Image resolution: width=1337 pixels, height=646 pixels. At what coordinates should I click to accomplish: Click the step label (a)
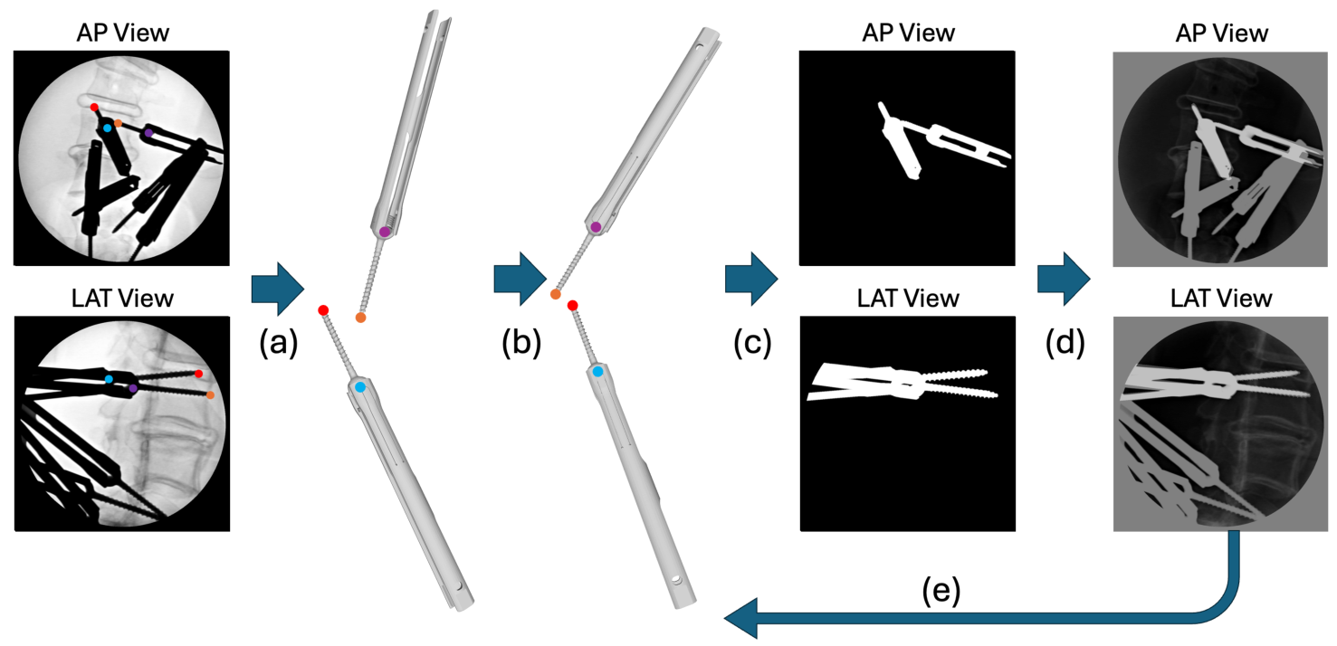click(x=276, y=346)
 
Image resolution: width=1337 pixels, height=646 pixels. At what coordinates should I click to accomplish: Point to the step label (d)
click(x=1062, y=346)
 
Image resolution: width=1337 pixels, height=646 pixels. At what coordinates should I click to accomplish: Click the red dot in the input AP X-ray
click(x=94, y=107)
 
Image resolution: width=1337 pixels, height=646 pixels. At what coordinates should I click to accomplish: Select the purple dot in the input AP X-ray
click(x=149, y=133)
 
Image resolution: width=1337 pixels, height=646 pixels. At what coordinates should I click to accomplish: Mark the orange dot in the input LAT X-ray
click(x=210, y=395)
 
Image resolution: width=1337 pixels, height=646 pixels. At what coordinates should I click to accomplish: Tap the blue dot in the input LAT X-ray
click(x=109, y=379)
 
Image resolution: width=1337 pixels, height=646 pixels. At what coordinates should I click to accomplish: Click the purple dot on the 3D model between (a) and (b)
click(x=385, y=233)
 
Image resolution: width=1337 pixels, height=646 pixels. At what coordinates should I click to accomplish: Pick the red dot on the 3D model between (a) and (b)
click(x=323, y=310)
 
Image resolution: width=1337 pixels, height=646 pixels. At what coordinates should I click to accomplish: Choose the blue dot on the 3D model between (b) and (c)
click(x=598, y=371)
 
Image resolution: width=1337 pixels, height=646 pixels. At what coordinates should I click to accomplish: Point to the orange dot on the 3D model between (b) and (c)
click(x=556, y=294)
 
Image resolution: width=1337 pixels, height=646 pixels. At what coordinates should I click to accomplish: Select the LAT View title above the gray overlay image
click(x=1220, y=299)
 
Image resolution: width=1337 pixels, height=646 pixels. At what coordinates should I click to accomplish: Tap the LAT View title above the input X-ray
click(x=119, y=299)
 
